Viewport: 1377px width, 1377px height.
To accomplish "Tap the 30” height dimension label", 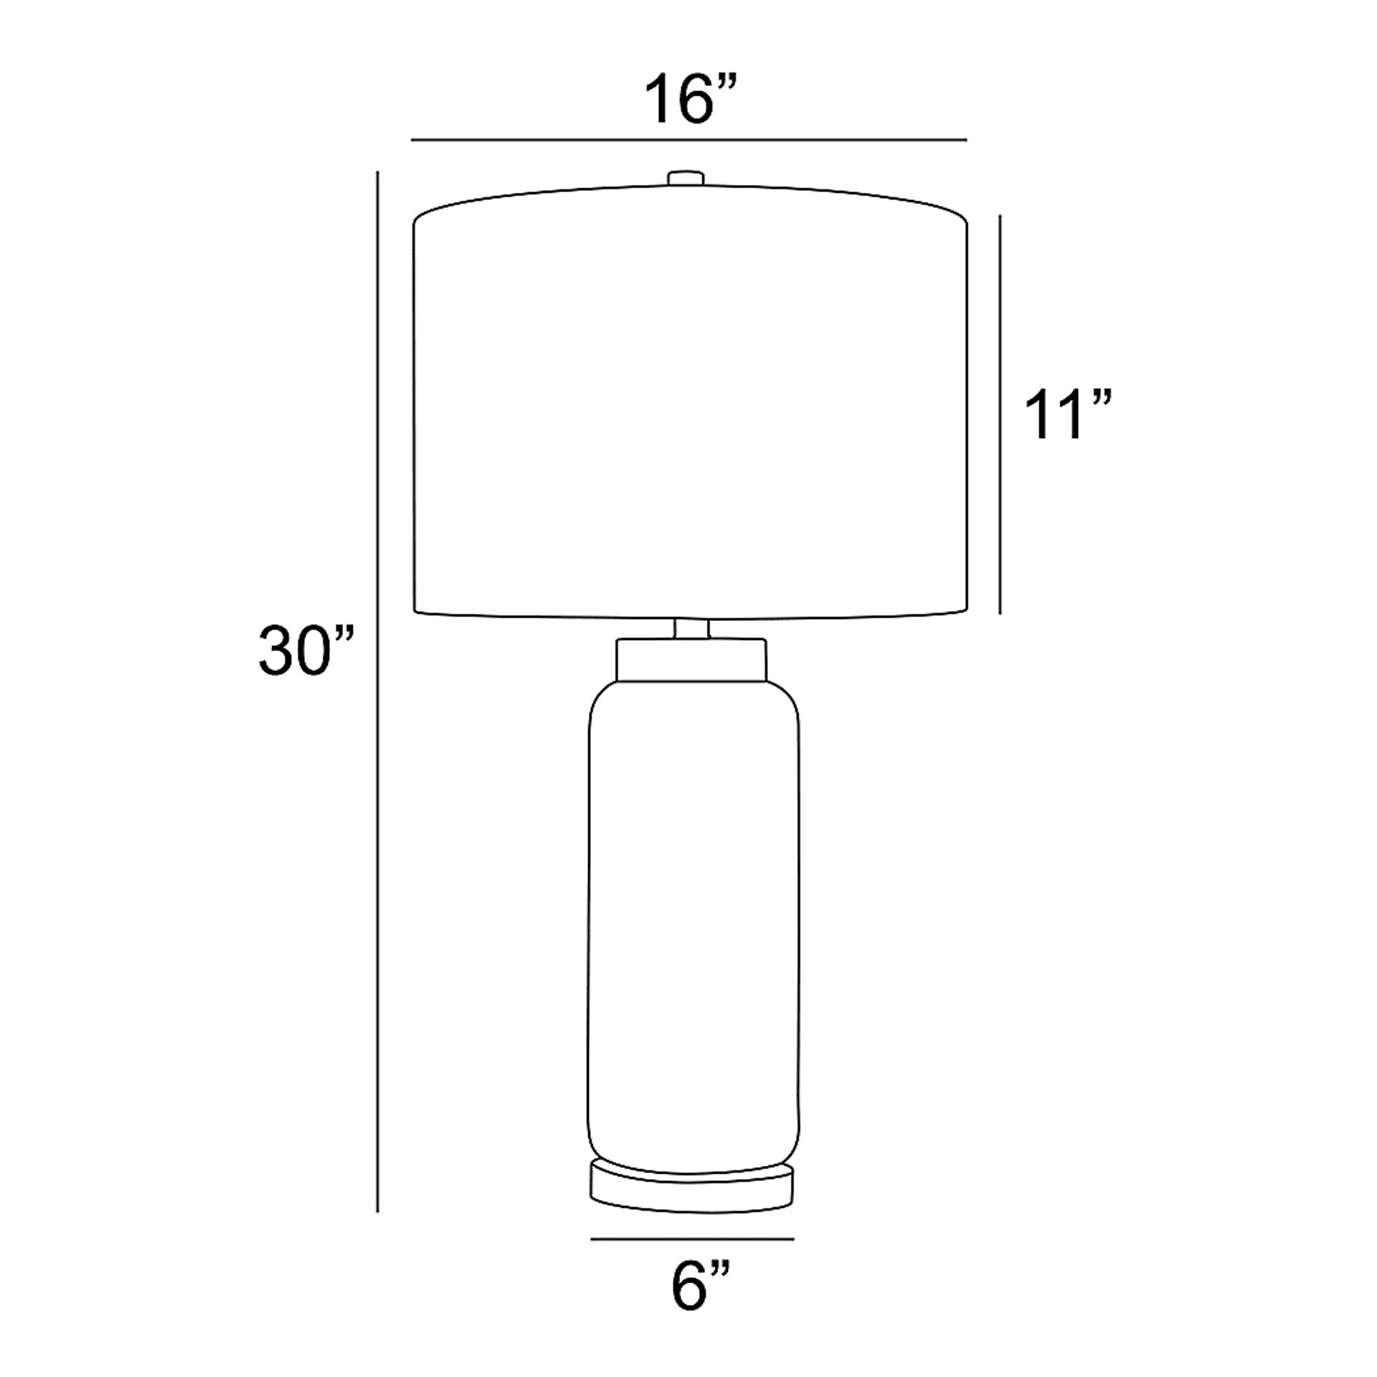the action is tap(306, 650).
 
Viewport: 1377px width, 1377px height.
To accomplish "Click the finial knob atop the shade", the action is tap(685, 179).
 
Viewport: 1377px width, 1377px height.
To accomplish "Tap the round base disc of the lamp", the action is tap(692, 1196).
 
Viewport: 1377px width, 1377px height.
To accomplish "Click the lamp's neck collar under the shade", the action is tap(691, 659).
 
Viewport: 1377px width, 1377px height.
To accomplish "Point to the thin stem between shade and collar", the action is tap(691, 628).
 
